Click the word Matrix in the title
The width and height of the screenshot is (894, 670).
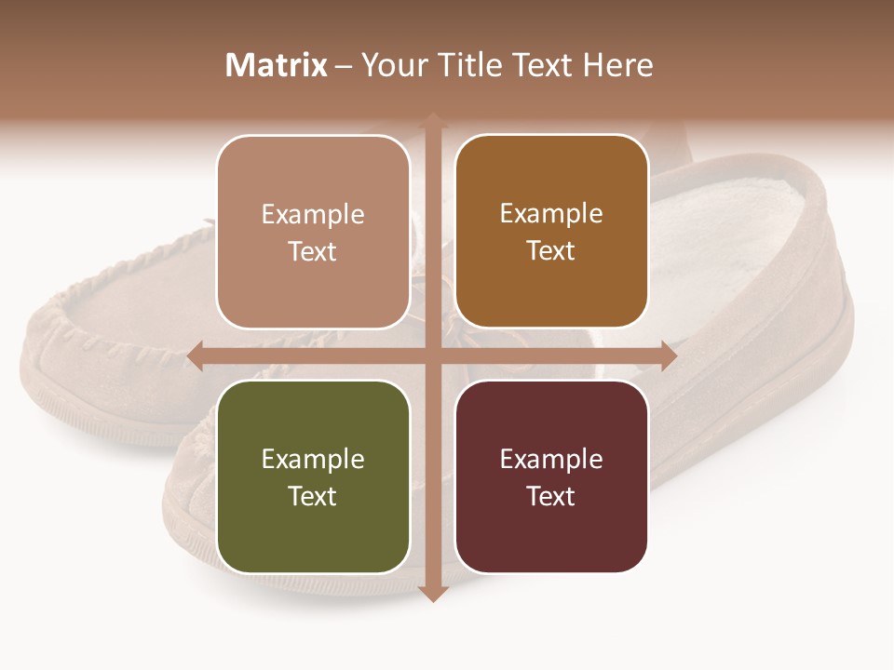pos(277,65)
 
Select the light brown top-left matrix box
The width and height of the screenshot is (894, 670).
pos(313,232)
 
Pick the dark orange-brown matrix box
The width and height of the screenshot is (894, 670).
pos(551,232)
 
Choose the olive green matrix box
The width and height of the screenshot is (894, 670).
pos(313,476)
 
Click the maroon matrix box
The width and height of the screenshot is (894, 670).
pos(551,476)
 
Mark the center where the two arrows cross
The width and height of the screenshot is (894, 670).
pos(432,356)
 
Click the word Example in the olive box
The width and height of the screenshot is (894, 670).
pos(313,459)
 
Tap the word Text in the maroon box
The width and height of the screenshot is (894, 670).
pos(551,496)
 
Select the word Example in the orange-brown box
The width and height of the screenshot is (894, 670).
pos(551,214)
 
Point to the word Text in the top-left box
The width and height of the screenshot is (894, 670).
pos(313,251)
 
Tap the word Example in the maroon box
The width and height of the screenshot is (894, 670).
pos(551,459)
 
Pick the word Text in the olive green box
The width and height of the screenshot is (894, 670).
pos(313,496)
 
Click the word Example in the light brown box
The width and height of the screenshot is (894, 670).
pos(313,214)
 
